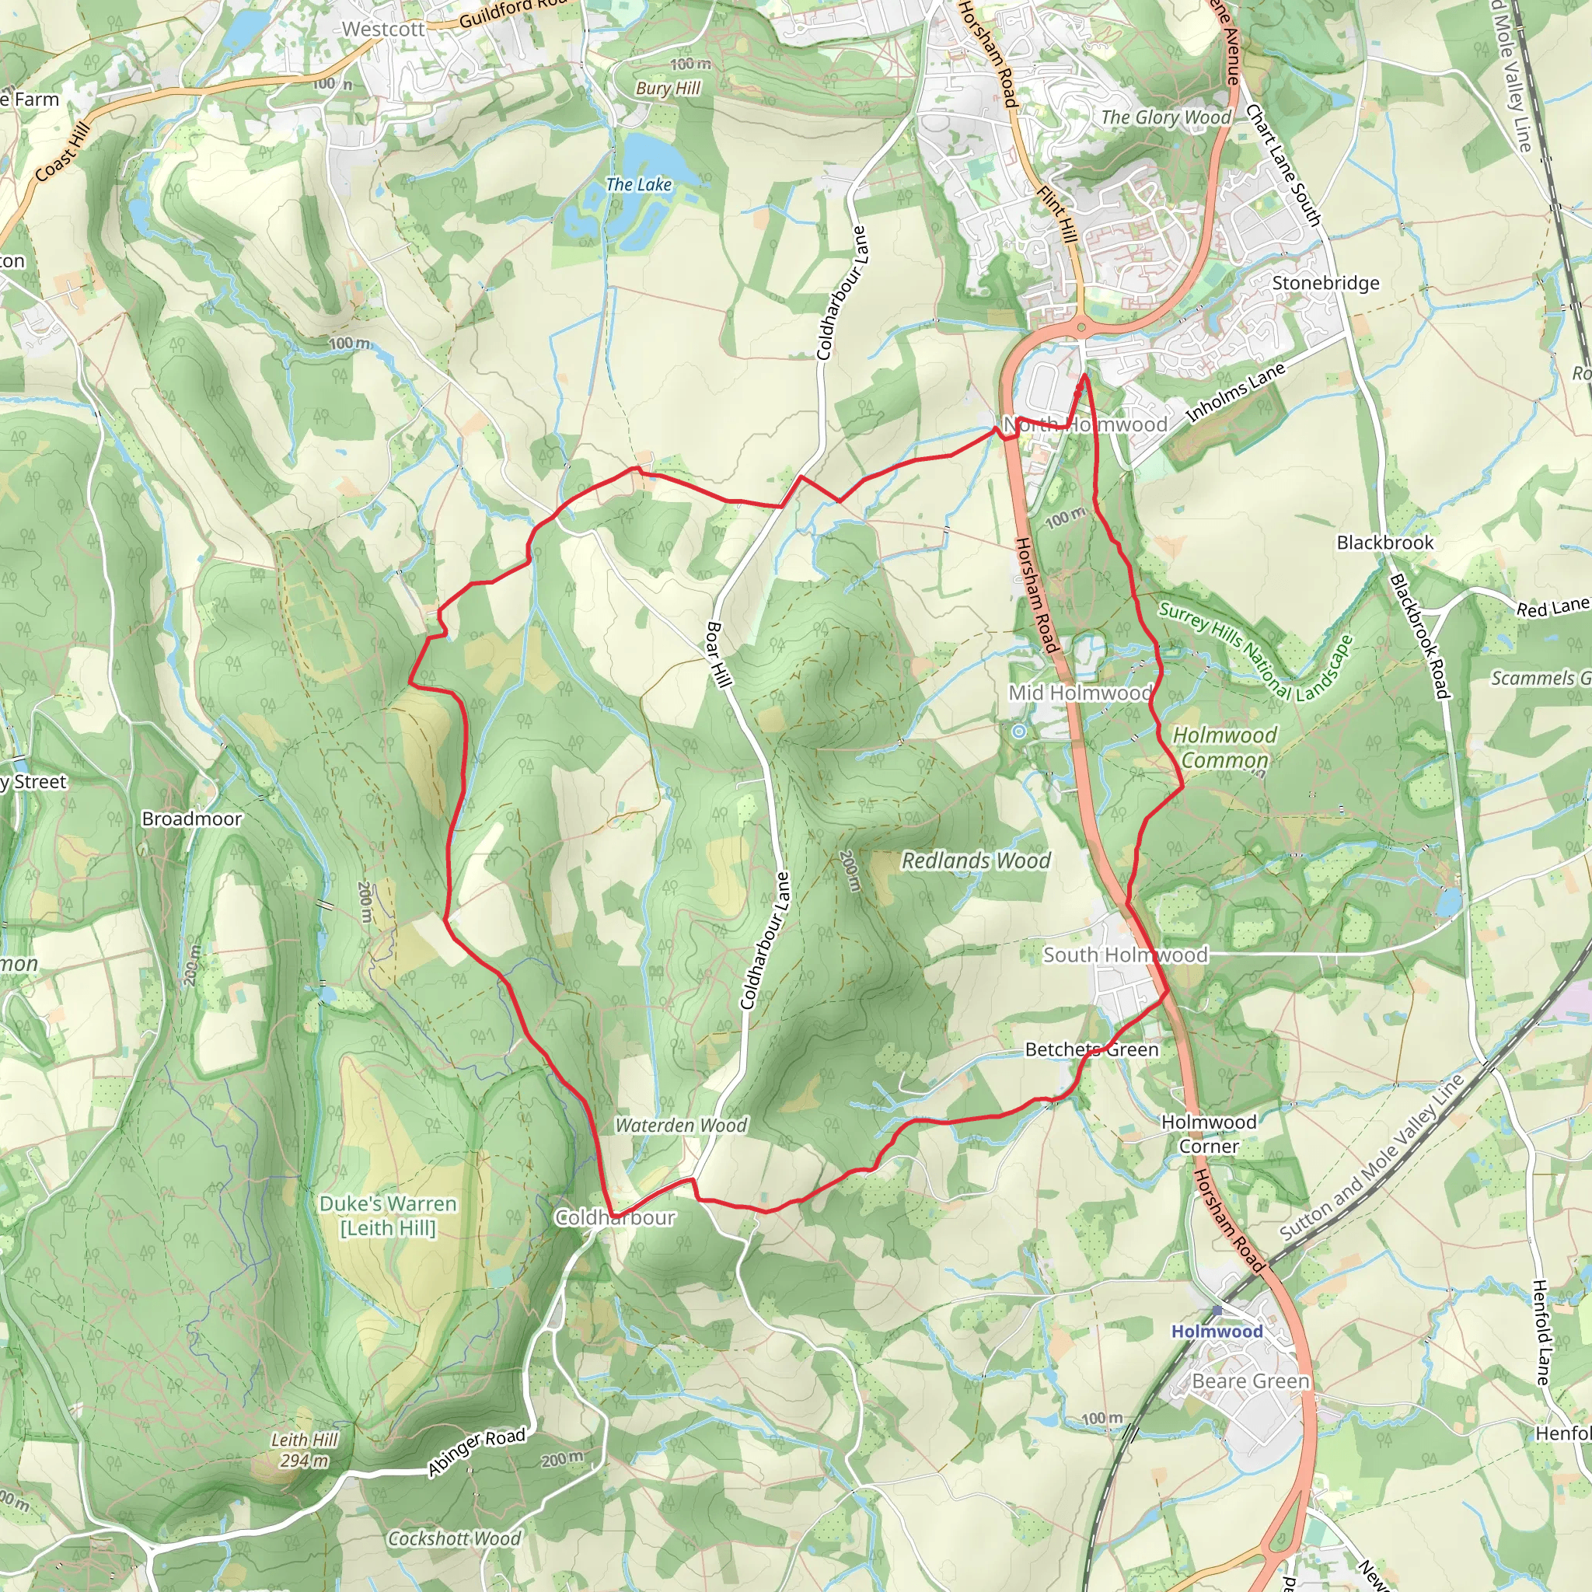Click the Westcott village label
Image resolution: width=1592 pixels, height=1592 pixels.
point(383,30)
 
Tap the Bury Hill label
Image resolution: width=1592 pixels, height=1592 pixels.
point(668,88)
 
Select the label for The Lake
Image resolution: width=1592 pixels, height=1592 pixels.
point(639,184)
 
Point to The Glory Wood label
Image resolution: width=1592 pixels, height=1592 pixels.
point(1166,118)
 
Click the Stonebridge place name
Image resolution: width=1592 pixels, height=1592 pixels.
point(1325,284)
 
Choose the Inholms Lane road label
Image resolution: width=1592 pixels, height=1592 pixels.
point(1235,393)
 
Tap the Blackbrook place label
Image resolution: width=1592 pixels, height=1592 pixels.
point(1385,543)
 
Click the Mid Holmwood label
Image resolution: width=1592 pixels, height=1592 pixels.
point(1081,693)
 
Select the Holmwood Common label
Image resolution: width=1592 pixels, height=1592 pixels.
point(1224,747)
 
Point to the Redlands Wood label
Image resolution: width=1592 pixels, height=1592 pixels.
point(976,861)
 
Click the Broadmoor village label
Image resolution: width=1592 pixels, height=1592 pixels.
point(192,819)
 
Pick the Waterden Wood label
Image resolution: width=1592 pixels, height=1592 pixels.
point(681,1126)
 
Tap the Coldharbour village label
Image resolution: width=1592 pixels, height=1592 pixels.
point(615,1218)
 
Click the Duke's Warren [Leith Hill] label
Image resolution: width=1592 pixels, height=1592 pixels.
point(388,1216)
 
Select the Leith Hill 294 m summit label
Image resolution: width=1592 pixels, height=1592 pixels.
point(304,1451)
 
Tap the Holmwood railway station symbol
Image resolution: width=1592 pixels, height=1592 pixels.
point(1217,1309)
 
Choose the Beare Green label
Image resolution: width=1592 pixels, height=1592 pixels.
point(1250,1382)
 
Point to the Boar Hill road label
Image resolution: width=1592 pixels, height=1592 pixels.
point(718,655)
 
